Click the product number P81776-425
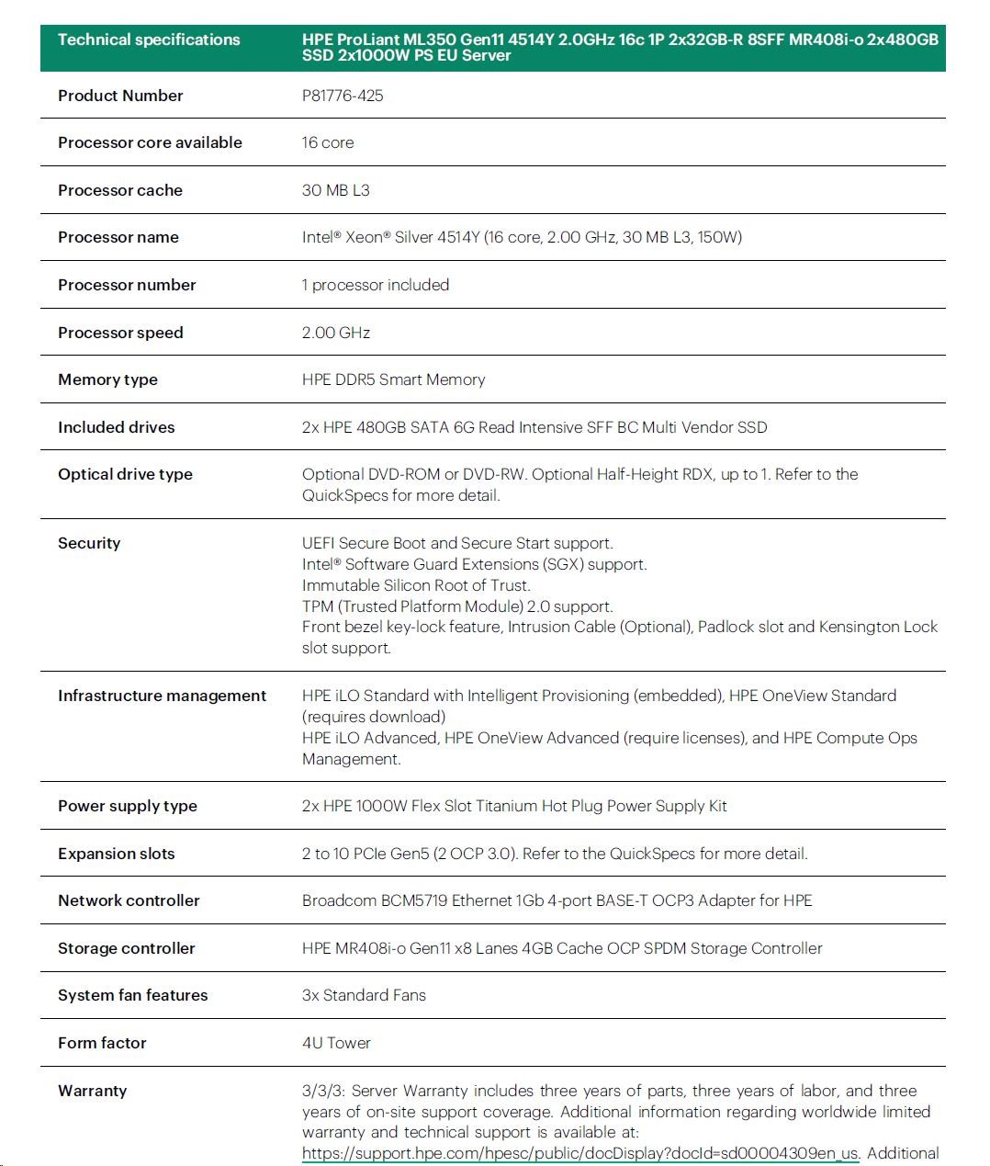tap(343, 96)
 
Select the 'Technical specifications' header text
tap(149, 40)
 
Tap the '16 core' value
tap(328, 142)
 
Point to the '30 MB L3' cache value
tap(336, 190)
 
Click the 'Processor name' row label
tap(118, 237)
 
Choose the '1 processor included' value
tap(376, 285)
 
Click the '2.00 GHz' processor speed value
tap(336, 333)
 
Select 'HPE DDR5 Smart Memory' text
tap(393, 379)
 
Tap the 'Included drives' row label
tap(116, 427)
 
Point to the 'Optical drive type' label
tap(125, 474)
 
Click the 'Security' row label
tap(89, 543)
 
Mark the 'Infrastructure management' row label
tap(162, 696)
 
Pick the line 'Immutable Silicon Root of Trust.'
tap(416, 585)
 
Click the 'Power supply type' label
tap(128, 806)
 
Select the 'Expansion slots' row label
tap(116, 854)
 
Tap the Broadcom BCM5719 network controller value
tap(557, 900)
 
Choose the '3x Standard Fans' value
tap(364, 995)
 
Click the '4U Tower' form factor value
tap(336, 1043)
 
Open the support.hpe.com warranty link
tap(580, 1153)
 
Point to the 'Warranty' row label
tap(92, 1091)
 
